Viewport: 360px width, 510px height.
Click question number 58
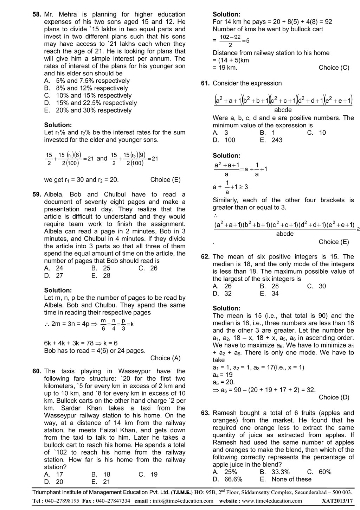pyautogui.click(x=37, y=14)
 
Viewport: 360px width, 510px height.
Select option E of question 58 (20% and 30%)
pyautogui.click(x=88, y=110)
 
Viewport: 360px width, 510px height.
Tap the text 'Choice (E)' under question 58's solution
pyautogui.click(x=165, y=180)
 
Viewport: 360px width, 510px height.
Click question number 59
pyautogui.click(x=37, y=195)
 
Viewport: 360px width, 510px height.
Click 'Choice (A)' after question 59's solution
pyautogui.click(x=165, y=358)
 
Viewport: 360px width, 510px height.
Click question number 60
pyautogui.click(x=37, y=371)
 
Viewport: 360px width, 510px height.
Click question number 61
pyautogui.click(x=205, y=83)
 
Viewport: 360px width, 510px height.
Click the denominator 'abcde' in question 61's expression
pyautogui.click(x=283, y=110)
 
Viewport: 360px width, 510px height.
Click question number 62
pyautogui.click(x=205, y=257)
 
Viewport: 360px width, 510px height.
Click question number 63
pyautogui.click(x=205, y=413)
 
